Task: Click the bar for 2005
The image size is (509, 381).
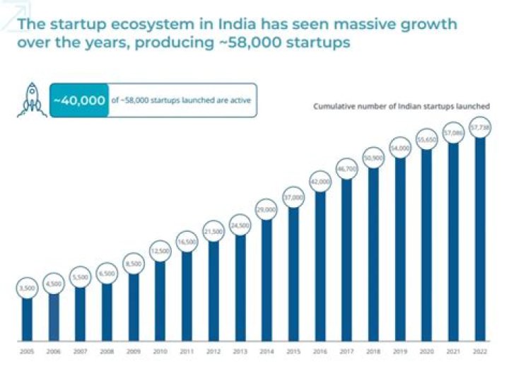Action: pyautogui.click(x=27, y=318)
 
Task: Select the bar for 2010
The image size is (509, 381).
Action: pyautogui.click(x=160, y=300)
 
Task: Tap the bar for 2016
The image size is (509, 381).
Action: pyautogui.click(x=320, y=265)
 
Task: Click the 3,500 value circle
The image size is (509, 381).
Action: pyautogui.click(x=27, y=288)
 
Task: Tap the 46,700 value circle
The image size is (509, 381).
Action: pyautogui.click(x=346, y=170)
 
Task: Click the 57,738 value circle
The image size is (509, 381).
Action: pyautogui.click(x=480, y=128)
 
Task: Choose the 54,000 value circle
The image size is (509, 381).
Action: pyautogui.click(x=400, y=148)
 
